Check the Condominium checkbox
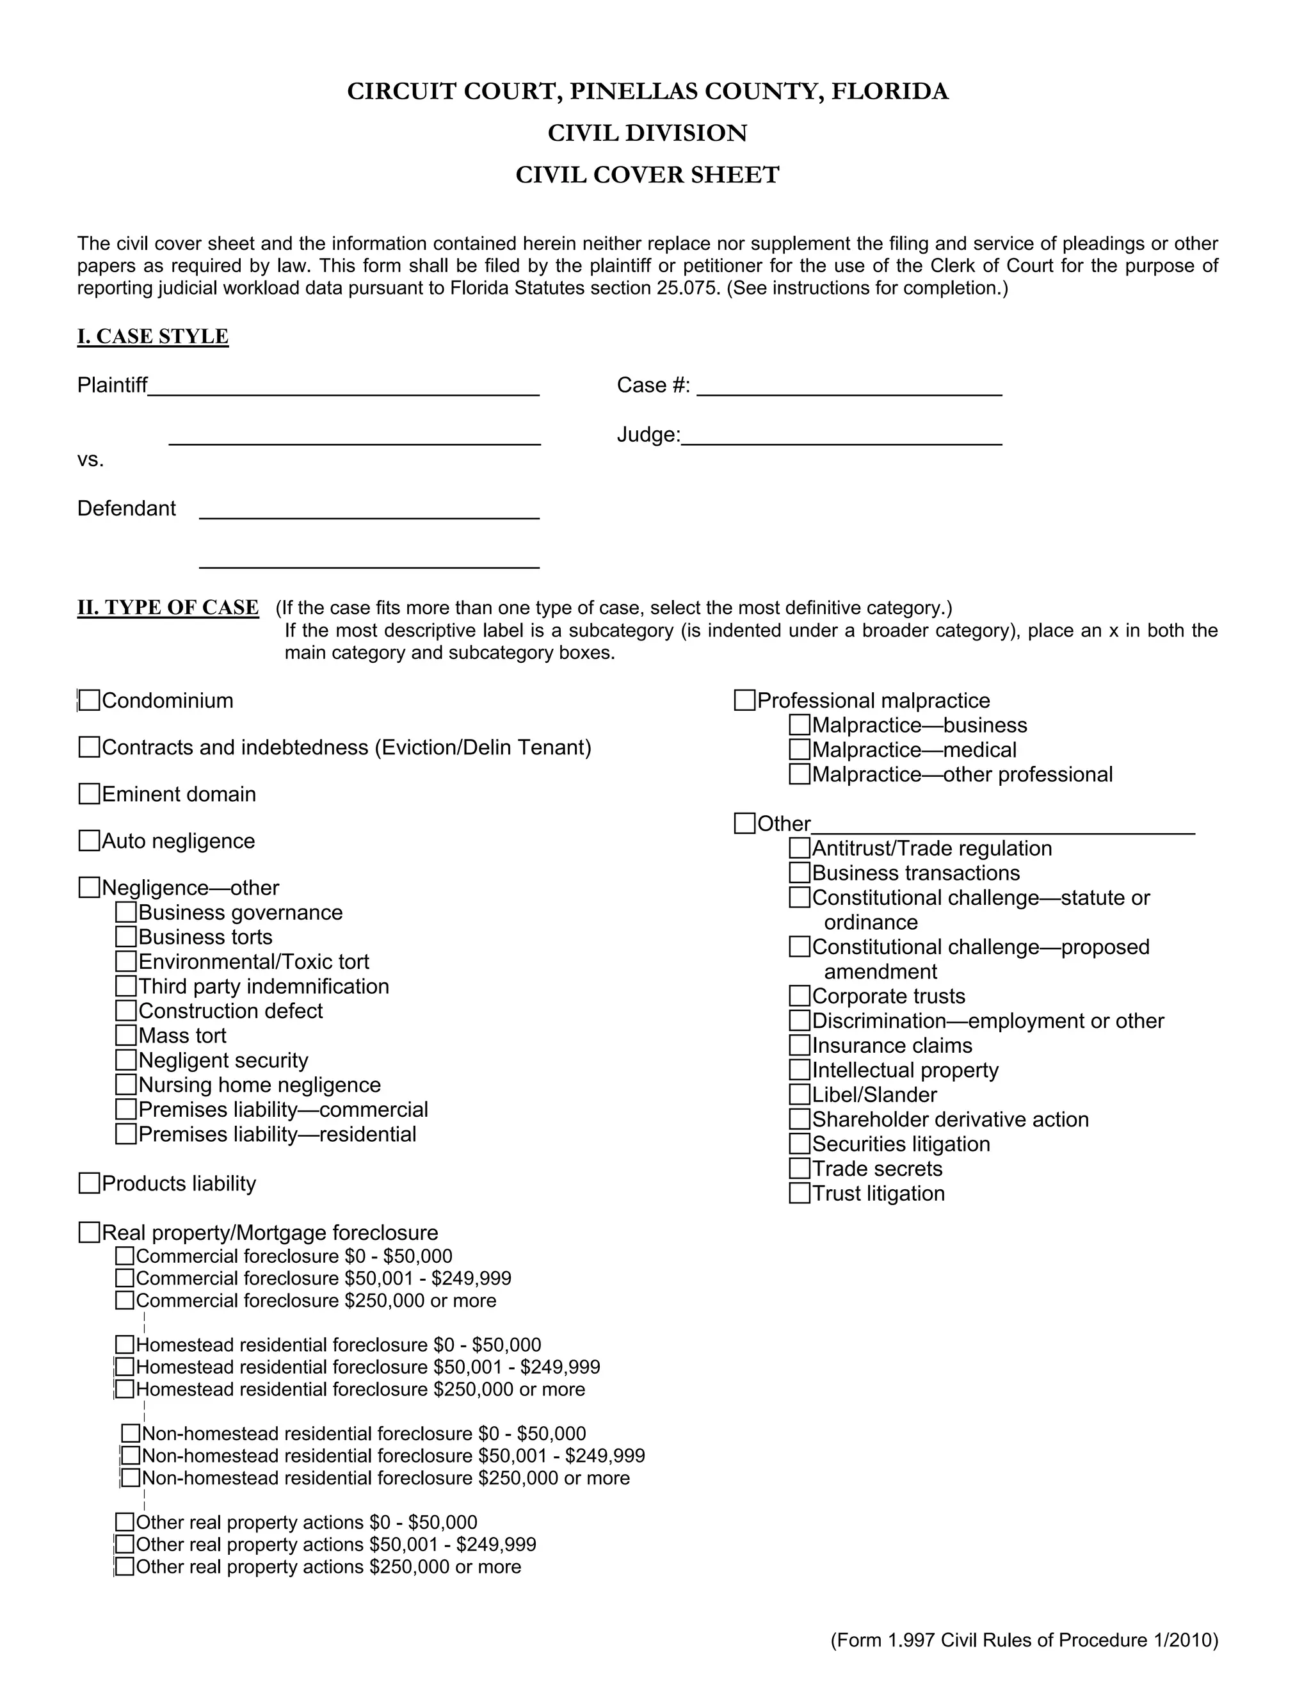pos(90,700)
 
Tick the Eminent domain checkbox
pos(90,793)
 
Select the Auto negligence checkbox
pos(90,840)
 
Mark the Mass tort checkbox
pos(126,1035)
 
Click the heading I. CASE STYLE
pos(153,336)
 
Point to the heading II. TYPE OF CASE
pos(168,607)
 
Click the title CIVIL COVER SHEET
pos(647,175)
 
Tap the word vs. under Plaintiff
pos(90,460)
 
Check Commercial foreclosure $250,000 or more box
pos(125,1300)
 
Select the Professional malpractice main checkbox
pos(745,700)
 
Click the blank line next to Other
pos(1002,825)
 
